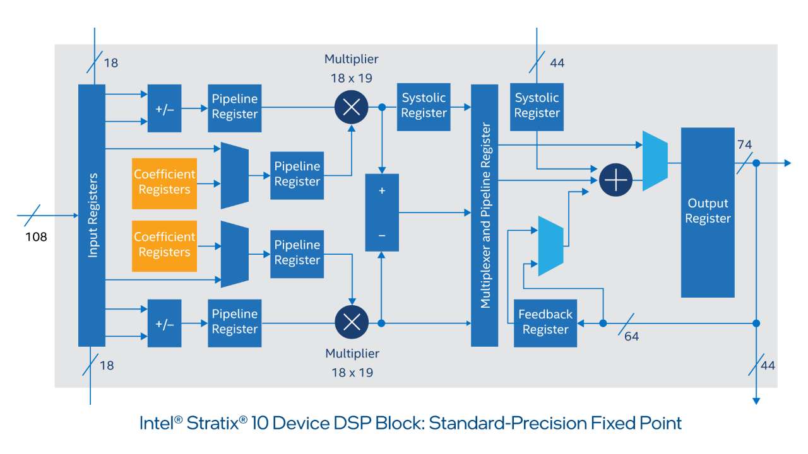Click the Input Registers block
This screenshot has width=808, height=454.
92,215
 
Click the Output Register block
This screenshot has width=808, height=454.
708,212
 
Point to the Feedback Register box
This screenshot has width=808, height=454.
545,322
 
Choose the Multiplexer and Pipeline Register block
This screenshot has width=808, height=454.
485,215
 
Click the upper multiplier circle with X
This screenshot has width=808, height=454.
352,107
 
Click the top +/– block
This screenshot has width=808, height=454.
164,108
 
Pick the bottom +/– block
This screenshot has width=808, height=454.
164,323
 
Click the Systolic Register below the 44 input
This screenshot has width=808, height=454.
537,106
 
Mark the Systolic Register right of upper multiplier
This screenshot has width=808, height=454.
424,106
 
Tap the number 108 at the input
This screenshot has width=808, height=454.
36,238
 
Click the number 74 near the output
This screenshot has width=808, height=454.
744,144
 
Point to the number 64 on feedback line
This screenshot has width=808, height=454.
631,337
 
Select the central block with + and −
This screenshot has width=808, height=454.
382,213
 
